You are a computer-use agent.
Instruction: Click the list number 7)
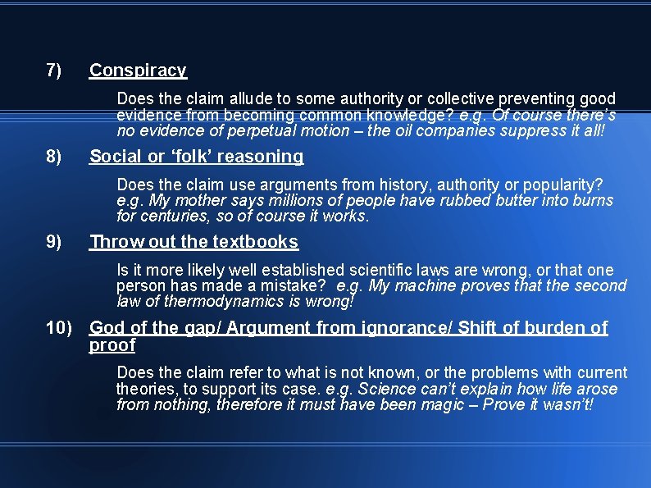pyautogui.click(x=54, y=71)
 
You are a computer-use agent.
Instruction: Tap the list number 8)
pyautogui.click(x=54, y=157)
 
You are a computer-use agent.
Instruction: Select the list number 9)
pyautogui.click(x=54, y=242)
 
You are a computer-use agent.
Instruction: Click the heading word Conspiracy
pyautogui.click(x=138, y=71)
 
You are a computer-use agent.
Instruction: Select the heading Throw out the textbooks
pyautogui.click(x=193, y=242)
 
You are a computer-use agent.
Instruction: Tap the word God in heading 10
pyautogui.click(x=108, y=328)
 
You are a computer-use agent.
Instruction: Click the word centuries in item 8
pyautogui.click(x=173, y=217)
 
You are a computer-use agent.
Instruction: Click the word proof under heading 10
pyautogui.click(x=112, y=345)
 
